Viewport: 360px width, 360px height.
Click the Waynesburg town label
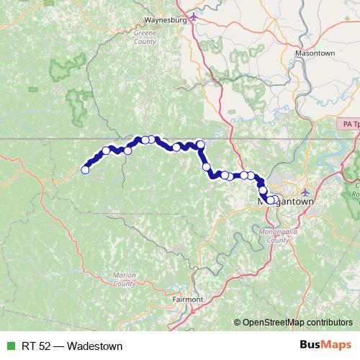[x=166, y=21]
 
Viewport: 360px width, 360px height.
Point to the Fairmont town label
[x=189, y=298]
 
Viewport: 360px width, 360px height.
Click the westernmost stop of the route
[x=85, y=170]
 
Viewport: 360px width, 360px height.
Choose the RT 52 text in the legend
[x=31, y=346]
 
